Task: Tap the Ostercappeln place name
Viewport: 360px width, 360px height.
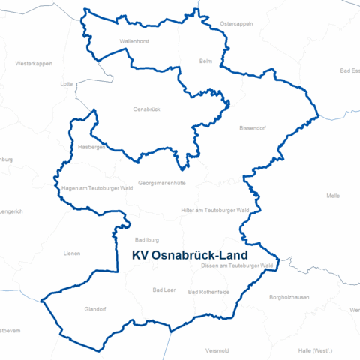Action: pos(236,23)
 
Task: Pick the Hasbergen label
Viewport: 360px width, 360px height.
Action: pos(92,148)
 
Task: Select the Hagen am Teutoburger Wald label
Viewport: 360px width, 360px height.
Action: pos(97,188)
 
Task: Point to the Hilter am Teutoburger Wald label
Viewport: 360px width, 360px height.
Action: pos(215,211)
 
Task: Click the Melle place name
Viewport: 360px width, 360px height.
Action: pos(334,196)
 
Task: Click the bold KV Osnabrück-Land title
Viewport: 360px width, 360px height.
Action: pos(190,255)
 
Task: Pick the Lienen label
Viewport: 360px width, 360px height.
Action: pos(72,253)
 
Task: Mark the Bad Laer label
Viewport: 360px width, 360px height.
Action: pos(163,289)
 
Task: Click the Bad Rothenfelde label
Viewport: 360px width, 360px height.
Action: pos(208,292)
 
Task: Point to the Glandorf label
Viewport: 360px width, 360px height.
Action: pos(96,307)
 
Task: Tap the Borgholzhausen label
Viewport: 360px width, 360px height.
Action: pos(289,297)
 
